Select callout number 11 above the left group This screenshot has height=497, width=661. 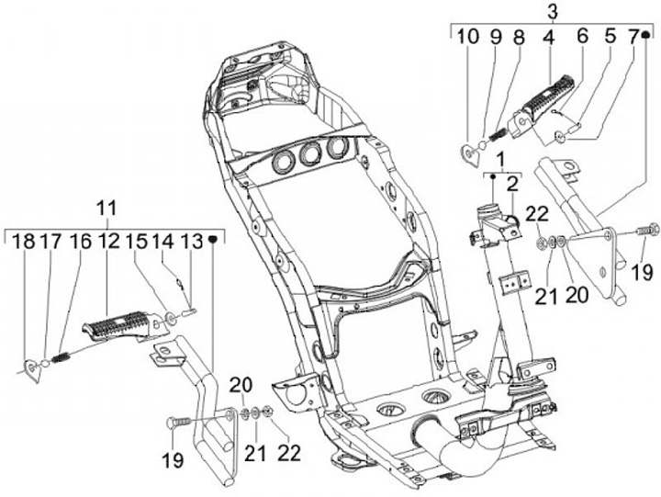click(x=107, y=209)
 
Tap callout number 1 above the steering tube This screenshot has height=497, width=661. click(x=501, y=161)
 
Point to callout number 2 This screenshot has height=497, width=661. click(x=512, y=185)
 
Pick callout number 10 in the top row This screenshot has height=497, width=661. click(x=468, y=37)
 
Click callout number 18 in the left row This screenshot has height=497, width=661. click(x=23, y=242)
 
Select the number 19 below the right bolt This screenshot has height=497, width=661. click(x=642, y=272)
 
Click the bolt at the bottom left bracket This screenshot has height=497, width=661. click(x=180, y=422)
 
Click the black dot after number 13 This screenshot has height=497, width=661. click(x=213, y=239)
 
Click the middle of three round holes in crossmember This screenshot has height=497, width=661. click(x=310, y=153)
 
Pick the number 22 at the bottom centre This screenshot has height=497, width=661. click(x=289, y=453)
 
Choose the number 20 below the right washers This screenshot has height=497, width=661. click(x=577, y=295)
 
